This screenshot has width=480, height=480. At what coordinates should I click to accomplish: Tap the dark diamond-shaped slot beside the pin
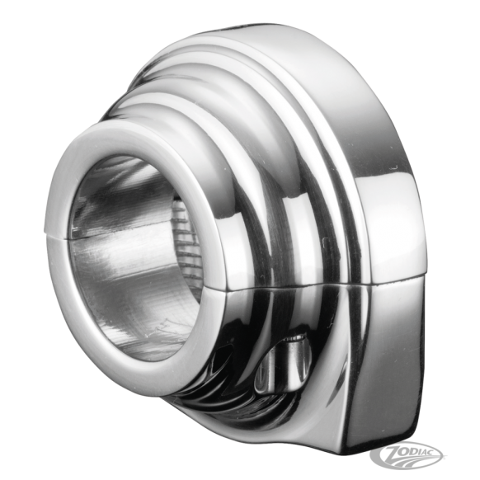point(221,361)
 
